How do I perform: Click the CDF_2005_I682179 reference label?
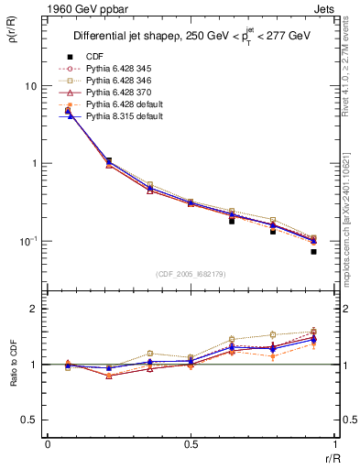tap(190, 274)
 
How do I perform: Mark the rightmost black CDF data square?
tap(313, 251)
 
